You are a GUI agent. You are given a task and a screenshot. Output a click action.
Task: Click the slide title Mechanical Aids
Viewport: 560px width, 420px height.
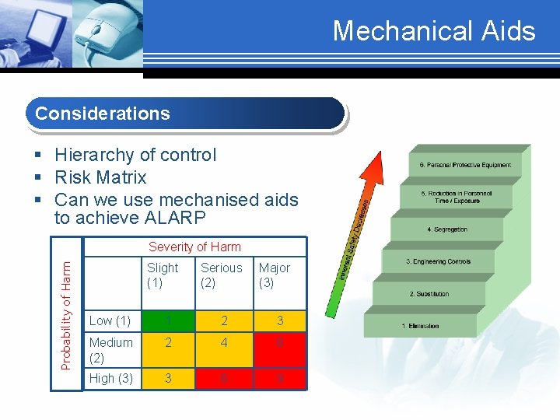(x=434, y=31)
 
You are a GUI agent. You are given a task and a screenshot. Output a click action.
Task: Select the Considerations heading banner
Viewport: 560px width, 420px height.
(x=185, y=114)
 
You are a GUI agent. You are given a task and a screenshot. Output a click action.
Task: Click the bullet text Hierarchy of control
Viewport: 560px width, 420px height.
(x=135, y=155)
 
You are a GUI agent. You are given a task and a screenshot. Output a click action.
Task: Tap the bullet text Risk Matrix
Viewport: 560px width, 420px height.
(x=100, y=177)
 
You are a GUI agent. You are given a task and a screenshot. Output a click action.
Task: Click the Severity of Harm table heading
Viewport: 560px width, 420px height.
(x=194, y=247)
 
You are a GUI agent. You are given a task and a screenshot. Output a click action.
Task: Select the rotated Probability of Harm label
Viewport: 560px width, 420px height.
(x=67, y=315)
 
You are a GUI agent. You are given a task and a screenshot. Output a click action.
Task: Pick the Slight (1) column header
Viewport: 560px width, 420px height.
(x=163, y=275)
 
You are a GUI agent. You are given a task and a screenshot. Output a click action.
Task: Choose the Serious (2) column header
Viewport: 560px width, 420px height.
(x=221, y=275)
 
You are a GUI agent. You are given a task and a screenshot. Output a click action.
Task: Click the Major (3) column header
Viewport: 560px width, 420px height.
(x=274, y=275)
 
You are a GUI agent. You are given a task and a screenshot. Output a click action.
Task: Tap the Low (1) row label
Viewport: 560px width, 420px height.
(x=110, y=321)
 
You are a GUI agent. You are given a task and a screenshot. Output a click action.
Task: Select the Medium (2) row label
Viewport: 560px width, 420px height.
(x=110, y=350)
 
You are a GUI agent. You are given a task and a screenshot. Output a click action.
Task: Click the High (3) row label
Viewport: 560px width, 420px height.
(x=110, y=379)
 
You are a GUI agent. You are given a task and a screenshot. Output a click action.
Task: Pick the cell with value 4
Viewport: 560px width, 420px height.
(x=224, y=350)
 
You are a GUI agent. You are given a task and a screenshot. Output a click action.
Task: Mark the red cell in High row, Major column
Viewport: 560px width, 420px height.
(x=281, y=379)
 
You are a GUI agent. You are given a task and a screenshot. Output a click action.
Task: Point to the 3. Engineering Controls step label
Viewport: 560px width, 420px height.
(x=438, y=262)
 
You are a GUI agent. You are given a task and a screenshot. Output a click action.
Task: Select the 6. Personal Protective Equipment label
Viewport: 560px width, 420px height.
(x=465, y=165)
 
